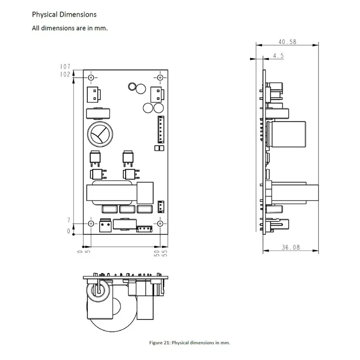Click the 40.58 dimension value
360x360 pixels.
tap(287, 42)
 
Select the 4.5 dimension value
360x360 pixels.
tap(278, 56)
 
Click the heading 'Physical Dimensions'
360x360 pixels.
tap(64, 15)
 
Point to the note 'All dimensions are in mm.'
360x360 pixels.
tap(70, 28)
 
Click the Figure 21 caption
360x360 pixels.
tap(189, 342)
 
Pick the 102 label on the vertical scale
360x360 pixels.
tap(65, 75)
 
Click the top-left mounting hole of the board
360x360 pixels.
tap(91, 77)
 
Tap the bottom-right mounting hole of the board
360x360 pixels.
tap(160, 224)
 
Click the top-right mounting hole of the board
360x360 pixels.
tap(160, 77)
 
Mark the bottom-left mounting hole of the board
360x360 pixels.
tap(91, 224)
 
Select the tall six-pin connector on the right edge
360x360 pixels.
tap(161, 129)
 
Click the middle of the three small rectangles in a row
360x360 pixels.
tap(127, 209)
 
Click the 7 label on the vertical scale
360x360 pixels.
tap(68, 220)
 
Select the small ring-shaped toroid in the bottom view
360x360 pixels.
tap(99, 292)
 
